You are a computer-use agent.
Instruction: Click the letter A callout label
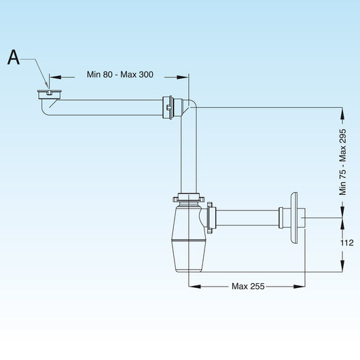click(14, 58)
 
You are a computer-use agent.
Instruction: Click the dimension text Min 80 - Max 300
click(120, 75)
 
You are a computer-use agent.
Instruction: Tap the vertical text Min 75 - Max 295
click(342, 162)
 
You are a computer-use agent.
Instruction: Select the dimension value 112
click(346, 242)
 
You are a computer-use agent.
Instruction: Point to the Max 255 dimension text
click(248, 286)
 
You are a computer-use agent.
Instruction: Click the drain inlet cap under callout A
click(50, 94)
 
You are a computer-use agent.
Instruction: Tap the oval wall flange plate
click(294, 217)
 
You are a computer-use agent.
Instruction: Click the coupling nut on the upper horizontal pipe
click(168, 107)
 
